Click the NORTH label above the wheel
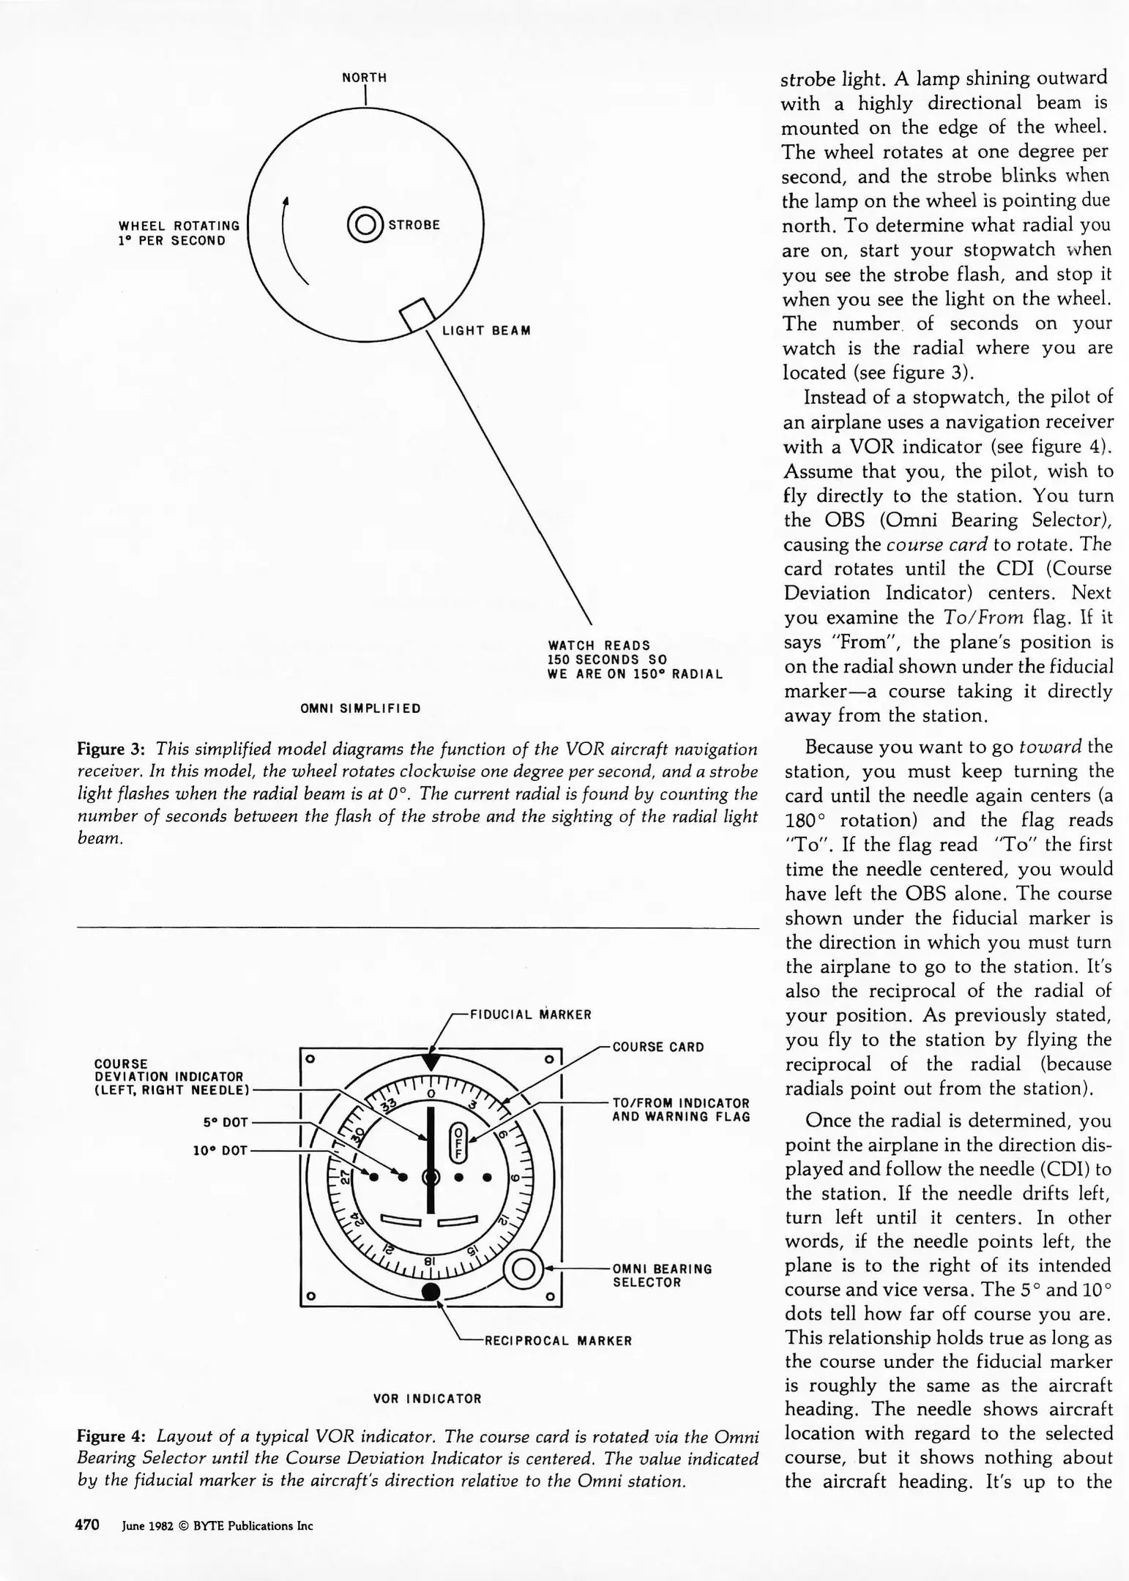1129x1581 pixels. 364,78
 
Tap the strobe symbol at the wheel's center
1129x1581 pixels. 365,225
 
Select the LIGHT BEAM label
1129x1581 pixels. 486,331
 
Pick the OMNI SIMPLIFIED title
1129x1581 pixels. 361,709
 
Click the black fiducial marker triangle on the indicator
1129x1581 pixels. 432,1062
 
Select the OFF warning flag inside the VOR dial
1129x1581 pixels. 458,1141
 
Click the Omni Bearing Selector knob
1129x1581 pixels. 523,1269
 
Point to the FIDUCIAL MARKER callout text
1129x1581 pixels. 530,1015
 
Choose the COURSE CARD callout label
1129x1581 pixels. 658,1047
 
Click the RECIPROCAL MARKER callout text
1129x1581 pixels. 558,1341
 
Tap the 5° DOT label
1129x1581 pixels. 226,1122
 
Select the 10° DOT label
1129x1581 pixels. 220,1151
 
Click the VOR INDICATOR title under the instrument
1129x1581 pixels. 428,1399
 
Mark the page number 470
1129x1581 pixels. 87,1525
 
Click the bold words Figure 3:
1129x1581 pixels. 111,750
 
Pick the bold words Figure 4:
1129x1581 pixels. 111,1436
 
